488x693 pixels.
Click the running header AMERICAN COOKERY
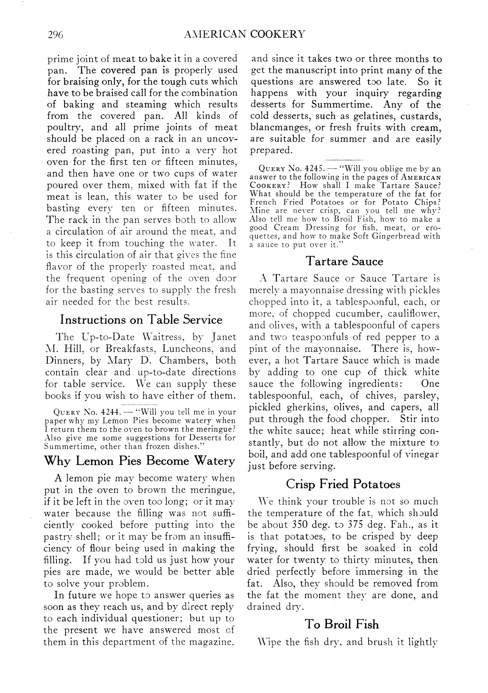244,34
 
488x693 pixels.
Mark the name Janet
223,337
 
